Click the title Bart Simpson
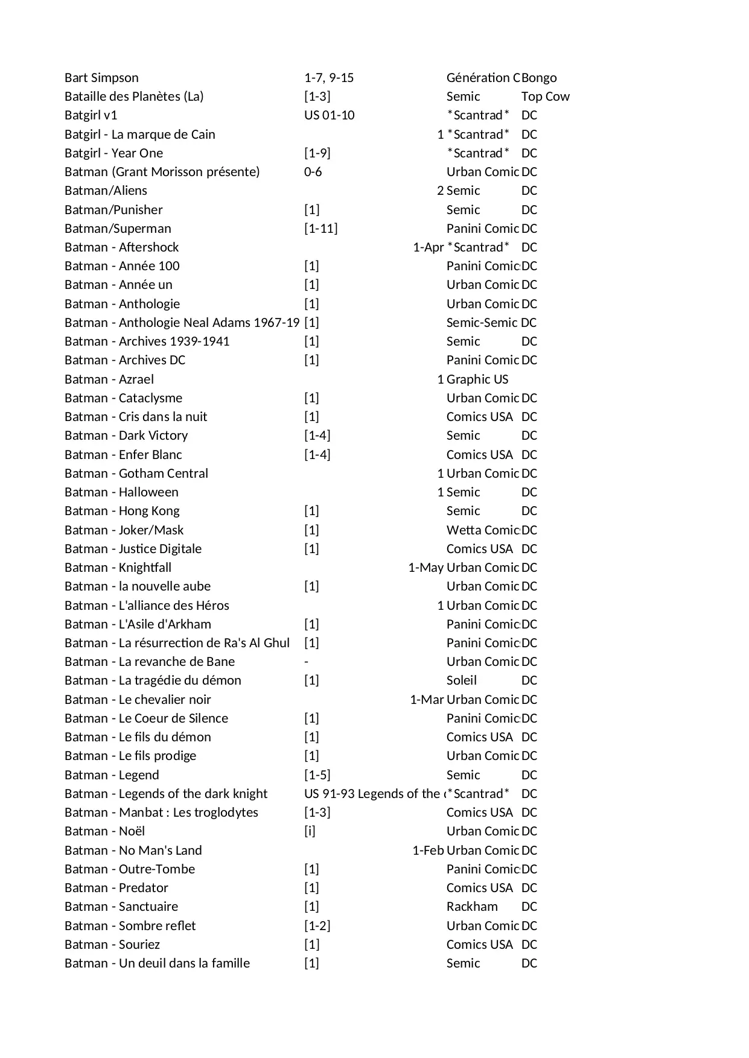(x=101, y=78)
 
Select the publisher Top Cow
(x=545, y=97)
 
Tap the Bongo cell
(x=539, y=78)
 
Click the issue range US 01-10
(x=329, y=115)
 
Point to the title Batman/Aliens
(x=106, y=191)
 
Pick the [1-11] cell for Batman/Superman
(x=320, y=229)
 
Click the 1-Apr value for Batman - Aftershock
(x=428, y=247)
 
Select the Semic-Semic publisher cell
(x=482, y=323)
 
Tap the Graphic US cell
(x=477, y=379)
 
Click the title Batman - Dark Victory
(x=126, y=436)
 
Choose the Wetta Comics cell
(x=483, y=530)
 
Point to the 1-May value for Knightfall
(x=425, y=568)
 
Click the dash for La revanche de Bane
(x=307, y=662)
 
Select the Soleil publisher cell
(x=461, y=680)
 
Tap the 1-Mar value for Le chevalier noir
(x=427, y=700)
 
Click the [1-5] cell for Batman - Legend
(x=317, y=775)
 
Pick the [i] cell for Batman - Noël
(x=310, y=831)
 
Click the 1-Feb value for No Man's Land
(x=428, y=851)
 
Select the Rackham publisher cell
(x=472, y=907)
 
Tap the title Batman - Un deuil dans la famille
(x=157, y=963)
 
